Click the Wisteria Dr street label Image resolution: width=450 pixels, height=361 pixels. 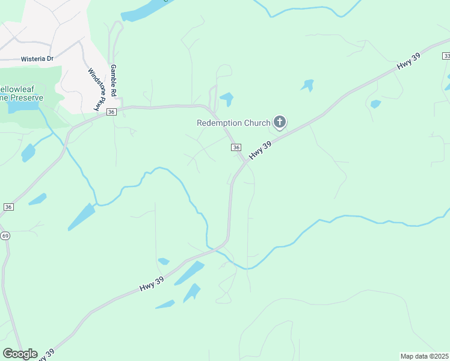[x=37, y=59]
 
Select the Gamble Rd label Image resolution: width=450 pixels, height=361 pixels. [x=112, y=80]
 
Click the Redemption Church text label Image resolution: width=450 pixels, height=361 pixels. [x=233, y=123]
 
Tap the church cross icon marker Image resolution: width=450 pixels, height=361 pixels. [x=279, y=123]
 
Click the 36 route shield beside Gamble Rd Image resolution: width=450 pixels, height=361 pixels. [x=111, y=112]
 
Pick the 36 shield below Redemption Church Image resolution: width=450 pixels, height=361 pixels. [x=236, y=147]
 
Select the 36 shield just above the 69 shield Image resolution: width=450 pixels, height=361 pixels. [x=8, y=206]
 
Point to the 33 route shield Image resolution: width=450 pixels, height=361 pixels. [x=446, y=55]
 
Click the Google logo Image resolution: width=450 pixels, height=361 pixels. [x=20, y=353]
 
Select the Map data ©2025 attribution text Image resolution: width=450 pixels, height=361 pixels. [x=424, y=356]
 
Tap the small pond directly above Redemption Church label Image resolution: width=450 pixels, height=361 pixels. [x=227, y=98]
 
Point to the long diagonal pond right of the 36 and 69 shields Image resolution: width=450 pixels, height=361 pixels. [x=81, y=217]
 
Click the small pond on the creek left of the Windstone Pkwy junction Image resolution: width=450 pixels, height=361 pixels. [x=28, y=153]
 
